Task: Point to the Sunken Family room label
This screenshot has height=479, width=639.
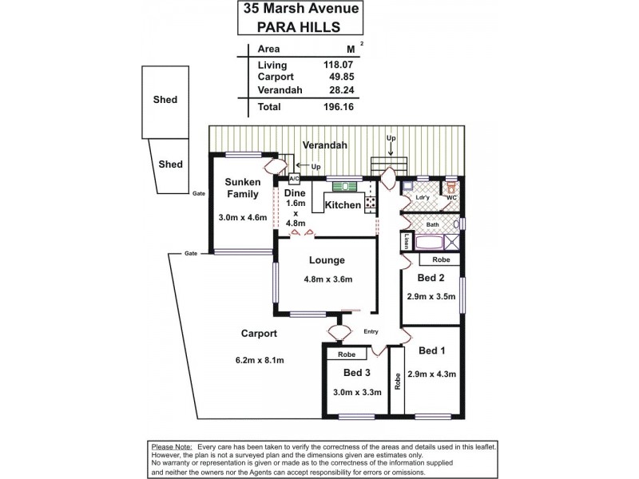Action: (x=241, y=188)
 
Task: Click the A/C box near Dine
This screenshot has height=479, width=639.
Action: (x=293, y=179)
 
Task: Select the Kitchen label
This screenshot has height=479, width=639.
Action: (x=343, y=205)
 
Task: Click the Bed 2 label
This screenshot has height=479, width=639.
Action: (x=431, y=278)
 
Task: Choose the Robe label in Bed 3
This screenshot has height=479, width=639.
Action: (x=346, y=354)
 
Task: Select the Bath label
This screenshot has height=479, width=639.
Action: (x=431, y=224)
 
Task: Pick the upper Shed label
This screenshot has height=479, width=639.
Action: (x=165, y=100)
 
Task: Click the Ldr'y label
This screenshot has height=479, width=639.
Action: (x=423, y=196)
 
